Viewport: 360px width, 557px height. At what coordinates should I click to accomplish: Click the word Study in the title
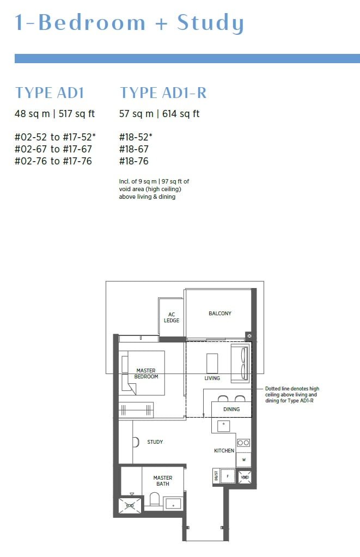210,23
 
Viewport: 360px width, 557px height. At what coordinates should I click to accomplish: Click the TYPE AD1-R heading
163,93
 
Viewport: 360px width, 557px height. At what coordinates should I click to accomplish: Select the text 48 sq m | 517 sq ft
54,114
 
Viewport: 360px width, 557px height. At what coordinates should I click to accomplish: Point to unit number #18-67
134,149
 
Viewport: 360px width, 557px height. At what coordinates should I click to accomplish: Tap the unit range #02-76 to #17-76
53,161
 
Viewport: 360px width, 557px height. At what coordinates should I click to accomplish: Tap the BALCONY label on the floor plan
220,314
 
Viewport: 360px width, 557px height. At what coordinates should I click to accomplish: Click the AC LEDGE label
172,317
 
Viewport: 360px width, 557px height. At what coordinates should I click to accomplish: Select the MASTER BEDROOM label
146,374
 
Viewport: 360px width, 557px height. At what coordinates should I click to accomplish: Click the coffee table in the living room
212,363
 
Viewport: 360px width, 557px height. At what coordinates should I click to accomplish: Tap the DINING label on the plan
231,409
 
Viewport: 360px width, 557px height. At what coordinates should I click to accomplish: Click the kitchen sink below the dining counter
223,426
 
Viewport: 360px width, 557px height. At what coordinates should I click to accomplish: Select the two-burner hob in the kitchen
243,443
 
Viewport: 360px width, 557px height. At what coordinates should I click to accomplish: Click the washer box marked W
243,460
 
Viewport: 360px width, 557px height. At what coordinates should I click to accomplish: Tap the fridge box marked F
228,477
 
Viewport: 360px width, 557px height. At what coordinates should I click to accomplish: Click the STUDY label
155,442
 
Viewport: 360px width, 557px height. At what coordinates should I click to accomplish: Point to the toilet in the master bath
154,499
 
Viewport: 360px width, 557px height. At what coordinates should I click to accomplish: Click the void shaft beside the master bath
130,505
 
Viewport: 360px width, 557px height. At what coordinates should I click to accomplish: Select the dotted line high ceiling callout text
292,395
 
